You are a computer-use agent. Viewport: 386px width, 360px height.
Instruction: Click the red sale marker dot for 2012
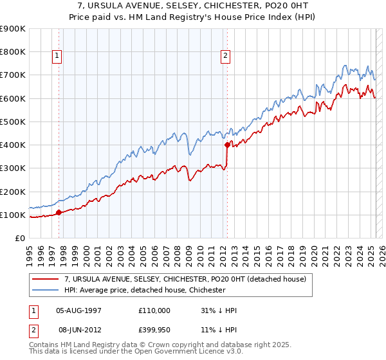tap(227, 145)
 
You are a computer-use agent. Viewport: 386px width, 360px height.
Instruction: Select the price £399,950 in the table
tap(154, 328)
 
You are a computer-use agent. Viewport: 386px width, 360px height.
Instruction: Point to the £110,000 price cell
tap(154, 310)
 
